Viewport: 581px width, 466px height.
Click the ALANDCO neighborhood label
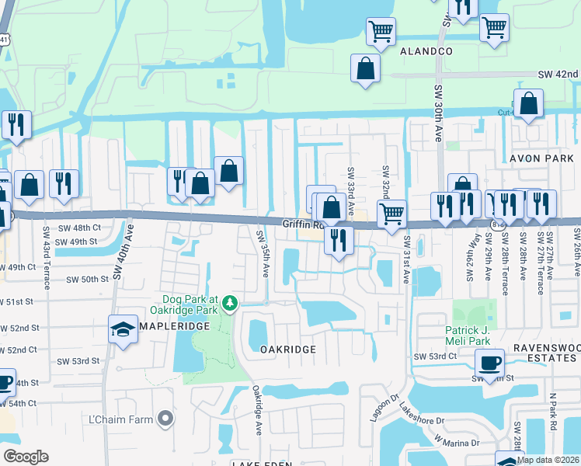[426, 51]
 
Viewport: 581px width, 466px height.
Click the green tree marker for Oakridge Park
[230, 301]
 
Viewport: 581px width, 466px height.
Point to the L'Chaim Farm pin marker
[163, 419]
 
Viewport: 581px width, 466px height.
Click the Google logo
[25, 456]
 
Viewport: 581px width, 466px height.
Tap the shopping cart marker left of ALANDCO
[381, 32]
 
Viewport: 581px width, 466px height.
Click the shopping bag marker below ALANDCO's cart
[365, 68]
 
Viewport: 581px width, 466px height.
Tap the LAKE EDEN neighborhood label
[261, 464]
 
